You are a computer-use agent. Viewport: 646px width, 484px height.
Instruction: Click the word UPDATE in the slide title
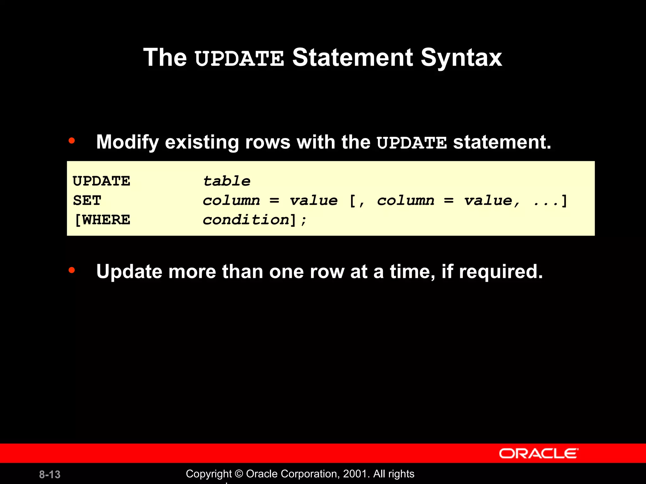[239, 59]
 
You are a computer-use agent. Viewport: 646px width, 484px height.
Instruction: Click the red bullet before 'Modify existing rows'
[72, 141]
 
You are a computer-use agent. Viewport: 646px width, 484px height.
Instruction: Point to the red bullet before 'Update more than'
[72, 270]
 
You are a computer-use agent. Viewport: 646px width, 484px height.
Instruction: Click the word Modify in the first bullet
[127, 142]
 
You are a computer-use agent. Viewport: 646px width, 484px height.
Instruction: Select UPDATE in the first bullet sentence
[412, 143]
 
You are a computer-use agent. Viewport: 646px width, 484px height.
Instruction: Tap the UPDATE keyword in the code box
[101, 181]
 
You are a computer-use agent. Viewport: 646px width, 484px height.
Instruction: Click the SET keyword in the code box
[87, 201]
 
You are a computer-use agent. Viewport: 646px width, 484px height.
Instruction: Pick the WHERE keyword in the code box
[106, 220]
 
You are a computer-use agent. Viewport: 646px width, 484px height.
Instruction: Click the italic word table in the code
[226, 181]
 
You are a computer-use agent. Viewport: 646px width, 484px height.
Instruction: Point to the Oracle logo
[538, 453]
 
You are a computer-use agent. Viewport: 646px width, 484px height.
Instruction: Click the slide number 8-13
[50, 475]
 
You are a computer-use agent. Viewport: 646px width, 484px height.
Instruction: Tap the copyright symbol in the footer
[239, 474]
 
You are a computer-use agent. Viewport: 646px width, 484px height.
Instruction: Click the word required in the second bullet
[501, 272]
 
